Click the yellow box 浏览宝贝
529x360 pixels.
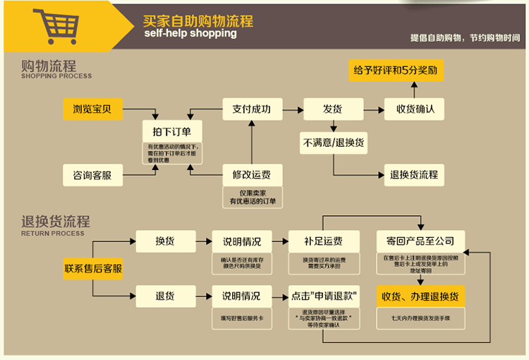coord(92,109)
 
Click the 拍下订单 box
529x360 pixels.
coord(172,131)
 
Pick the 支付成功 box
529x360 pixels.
coord(252,109)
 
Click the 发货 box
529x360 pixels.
coord(333,109)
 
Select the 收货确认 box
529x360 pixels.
coord(414,109)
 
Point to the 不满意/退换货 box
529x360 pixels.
coord(334,142)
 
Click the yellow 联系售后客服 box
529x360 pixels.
coord(93,268)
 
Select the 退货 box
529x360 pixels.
coord(166,296)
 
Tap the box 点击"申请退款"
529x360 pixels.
coord(323,296)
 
